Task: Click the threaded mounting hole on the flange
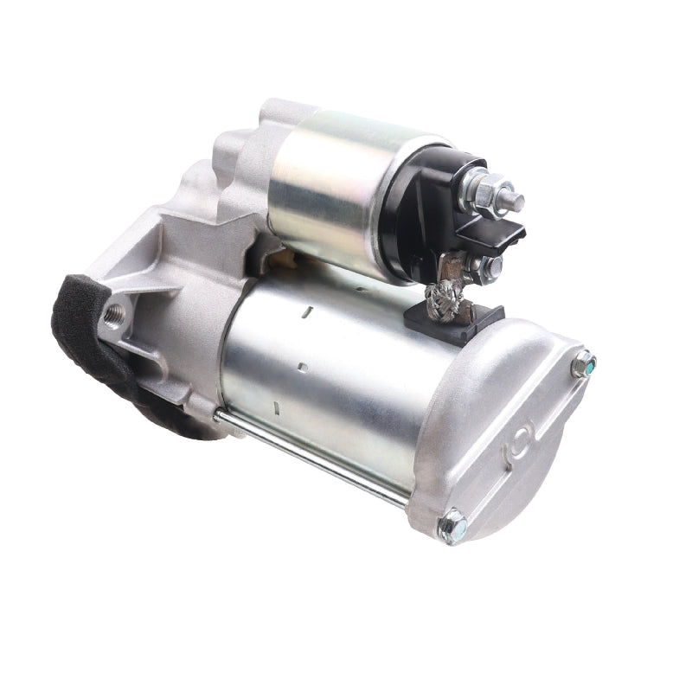point(112,315)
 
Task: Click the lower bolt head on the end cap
point(452,526)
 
